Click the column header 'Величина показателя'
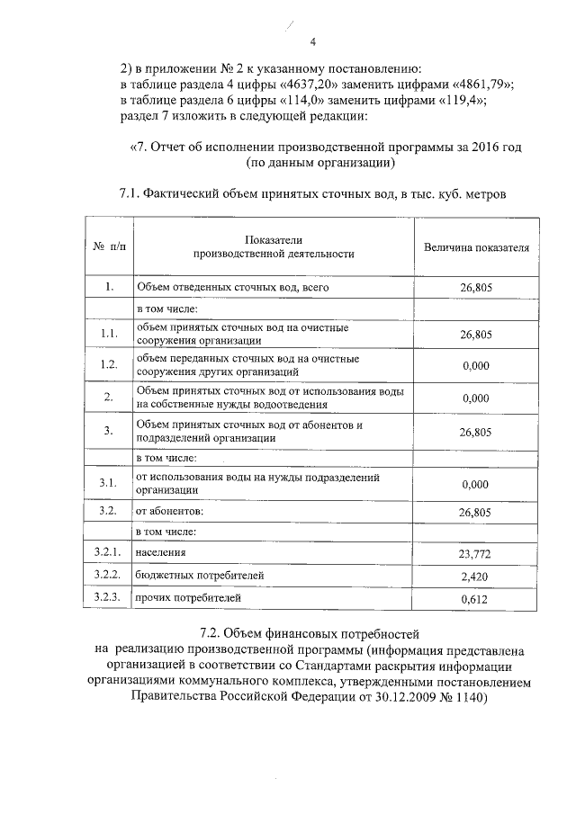point(476,246)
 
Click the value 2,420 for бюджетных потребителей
point(475,576)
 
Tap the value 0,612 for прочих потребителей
point(475,598)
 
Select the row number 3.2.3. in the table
point(107,596)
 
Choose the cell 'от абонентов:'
point(170,511)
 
